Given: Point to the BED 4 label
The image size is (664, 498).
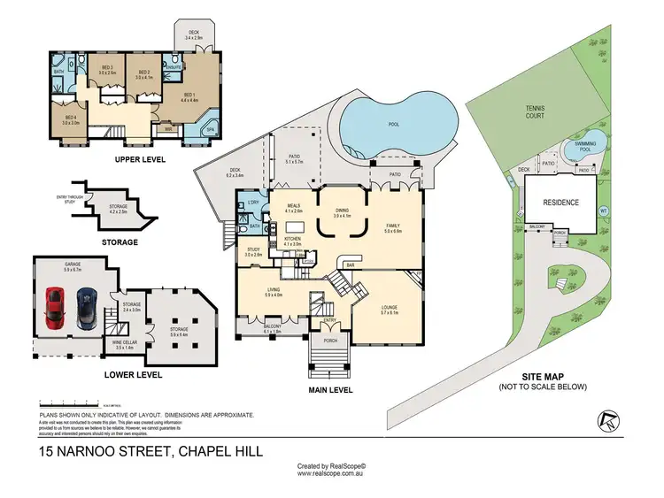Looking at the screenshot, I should click(x=71, y=118).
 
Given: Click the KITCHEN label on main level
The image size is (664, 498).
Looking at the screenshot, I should click(x=293, y=239).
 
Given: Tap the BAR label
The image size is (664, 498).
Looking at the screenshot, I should click(x=350, y=264).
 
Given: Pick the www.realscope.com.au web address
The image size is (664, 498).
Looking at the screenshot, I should click(x=332, y=473).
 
